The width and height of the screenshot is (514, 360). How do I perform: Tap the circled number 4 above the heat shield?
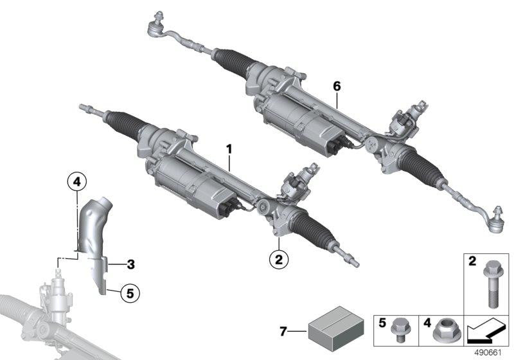pyautogui.click(x=76, y=183)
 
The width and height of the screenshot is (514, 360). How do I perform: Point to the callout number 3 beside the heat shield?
pyautogui.click(x=130, y=263)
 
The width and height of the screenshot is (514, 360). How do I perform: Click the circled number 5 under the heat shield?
pyautogui.click(x=129, y=293)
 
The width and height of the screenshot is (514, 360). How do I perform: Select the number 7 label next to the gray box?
pyautogui.click(x=282, y=332)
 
